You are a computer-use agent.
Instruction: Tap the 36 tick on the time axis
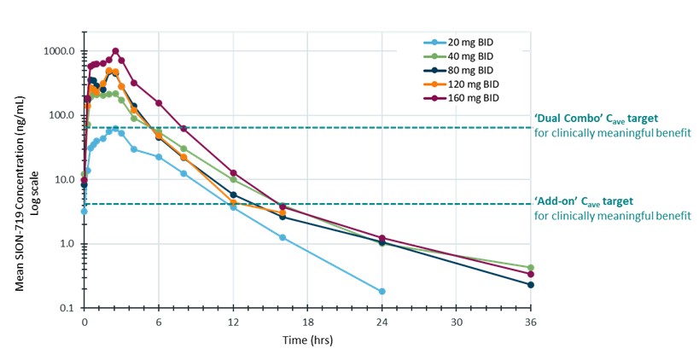[x=530, y=322]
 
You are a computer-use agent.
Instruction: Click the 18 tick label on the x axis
[x=307, y=322]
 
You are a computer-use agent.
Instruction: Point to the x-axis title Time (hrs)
[x=307, y=339]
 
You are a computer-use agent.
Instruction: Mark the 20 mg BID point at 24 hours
[x=382, y=292]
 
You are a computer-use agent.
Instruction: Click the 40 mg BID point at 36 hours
[x=530, y=268]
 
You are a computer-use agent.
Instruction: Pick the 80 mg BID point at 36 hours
[x=530, y=285]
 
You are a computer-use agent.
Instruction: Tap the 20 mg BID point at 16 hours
[x=283, y=237]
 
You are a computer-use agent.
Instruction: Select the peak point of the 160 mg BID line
[x=115, y=51]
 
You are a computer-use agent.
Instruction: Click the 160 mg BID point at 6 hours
[x=159, y=103]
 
